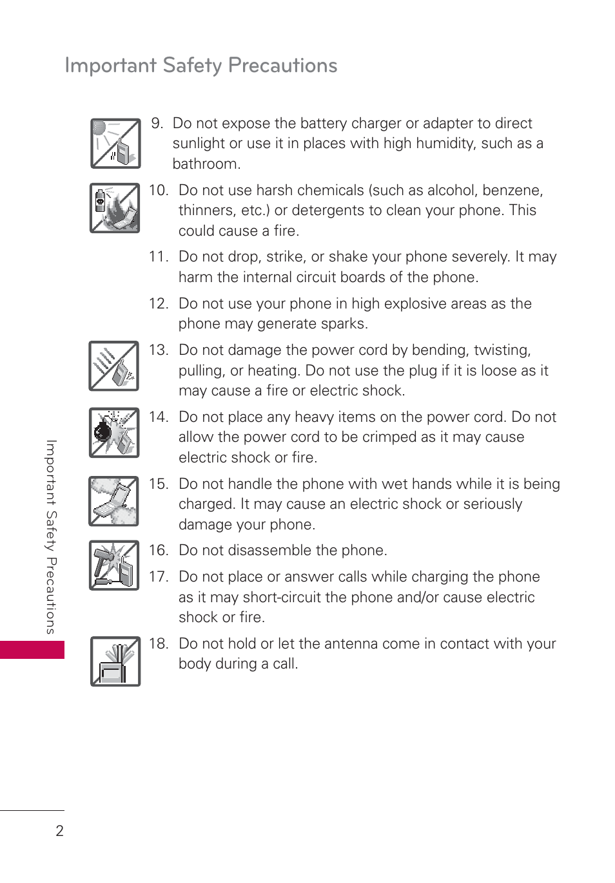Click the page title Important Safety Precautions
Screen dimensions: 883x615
pos(200,65)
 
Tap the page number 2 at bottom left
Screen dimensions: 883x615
pos(59,831)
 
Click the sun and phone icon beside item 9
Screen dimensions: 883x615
pos(115,143)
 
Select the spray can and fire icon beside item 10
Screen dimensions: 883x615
pos(115,208)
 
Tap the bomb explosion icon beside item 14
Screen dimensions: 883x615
pos(114,433)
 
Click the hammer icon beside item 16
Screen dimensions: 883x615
pos(114,565)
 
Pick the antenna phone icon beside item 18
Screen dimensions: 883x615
pos(115,661)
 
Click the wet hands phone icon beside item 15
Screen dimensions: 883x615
pos(114,501)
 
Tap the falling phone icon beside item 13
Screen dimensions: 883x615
pos(114,366)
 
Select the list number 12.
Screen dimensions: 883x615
pos(157,303)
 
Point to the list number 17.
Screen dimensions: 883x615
pos(157,576)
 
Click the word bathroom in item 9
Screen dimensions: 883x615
pos(206,164)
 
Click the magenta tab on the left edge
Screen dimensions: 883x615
pos(32,649)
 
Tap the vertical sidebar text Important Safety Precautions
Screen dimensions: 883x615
pos(51,536)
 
